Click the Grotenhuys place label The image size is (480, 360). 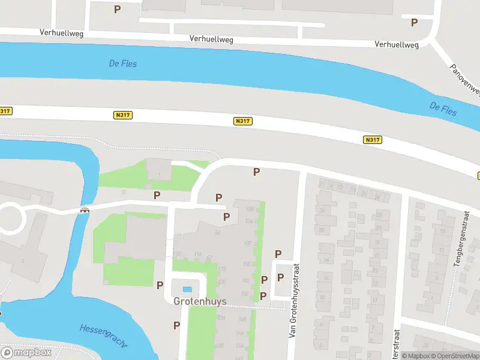(x=200, y=301)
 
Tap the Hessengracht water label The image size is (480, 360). (x=103, y=335)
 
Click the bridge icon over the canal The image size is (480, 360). (x=85, y=210)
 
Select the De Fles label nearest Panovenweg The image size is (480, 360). (x=443, y=109)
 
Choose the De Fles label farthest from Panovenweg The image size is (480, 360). (x=123, y=63)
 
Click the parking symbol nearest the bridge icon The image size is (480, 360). (x=157, y=195)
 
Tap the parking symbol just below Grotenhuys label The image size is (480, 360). (x=176, y=325)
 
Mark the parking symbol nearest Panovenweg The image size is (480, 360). (x=414, y=22)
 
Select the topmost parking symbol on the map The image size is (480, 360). (x=117, y=9)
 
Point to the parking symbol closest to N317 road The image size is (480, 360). (x=256, y=172)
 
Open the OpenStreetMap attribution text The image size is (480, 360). (x=455, y=356)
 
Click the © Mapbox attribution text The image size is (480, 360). (x=416, y=356)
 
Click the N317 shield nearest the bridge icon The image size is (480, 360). (x=122, y=114)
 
